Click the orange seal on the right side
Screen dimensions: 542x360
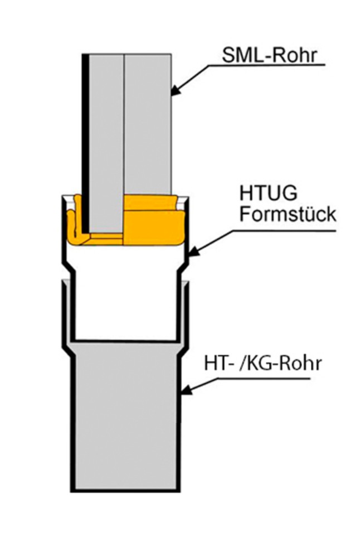point(153,220)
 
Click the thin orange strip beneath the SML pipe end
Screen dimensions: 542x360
point(106,238)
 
